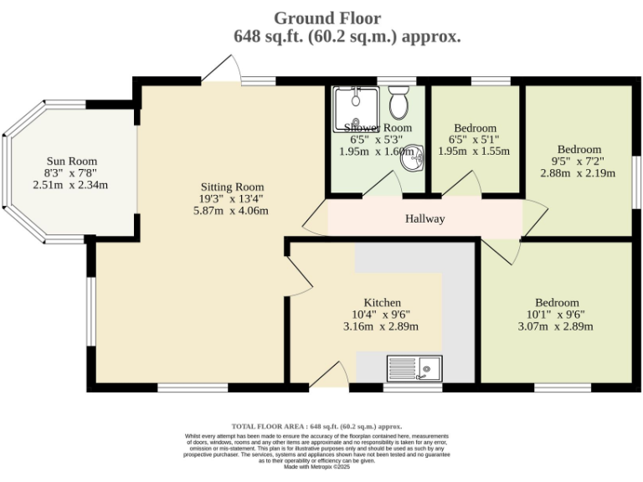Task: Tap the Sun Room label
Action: point(71,162)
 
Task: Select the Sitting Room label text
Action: point(232,187)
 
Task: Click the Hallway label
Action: point(424,219)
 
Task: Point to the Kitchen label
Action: point(382,302)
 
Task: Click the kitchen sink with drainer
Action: point(414,368)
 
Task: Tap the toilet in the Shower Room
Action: point(399,101)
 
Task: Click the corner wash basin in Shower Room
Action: point(412,159)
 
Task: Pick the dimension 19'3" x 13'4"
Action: point(232,199)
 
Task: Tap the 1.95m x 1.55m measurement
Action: point(475,151)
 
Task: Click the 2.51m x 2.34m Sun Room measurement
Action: point(71,185)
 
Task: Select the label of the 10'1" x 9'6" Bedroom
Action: point(557,302)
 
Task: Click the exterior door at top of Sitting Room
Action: point(222,70)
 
